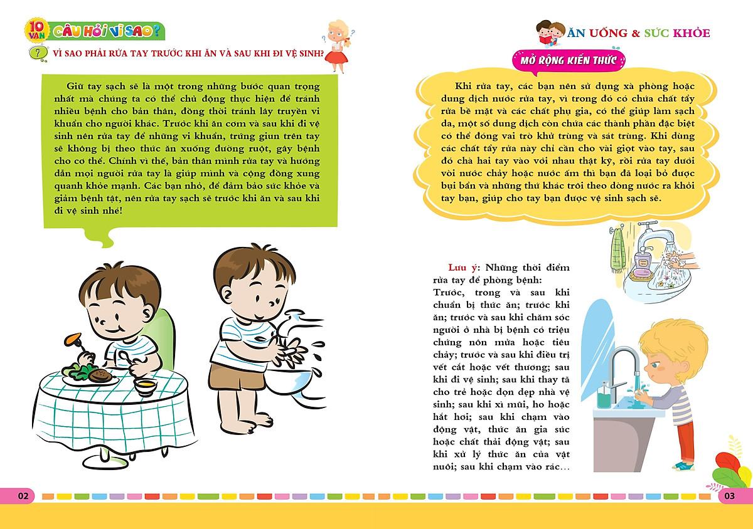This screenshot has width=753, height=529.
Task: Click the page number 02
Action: pyautogui.click(x=24, y=496)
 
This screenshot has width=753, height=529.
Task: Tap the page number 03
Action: pyautogui.click(x=729, y=496)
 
